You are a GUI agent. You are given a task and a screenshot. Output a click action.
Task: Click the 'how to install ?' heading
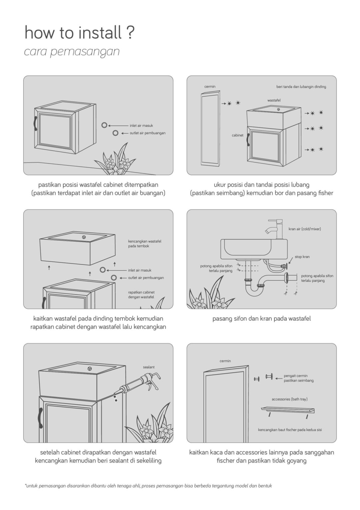tap(79, 33)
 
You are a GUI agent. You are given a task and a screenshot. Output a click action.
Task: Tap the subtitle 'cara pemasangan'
tap(72, 52)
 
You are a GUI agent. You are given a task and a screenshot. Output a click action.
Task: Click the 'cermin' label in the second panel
tap(210, 87)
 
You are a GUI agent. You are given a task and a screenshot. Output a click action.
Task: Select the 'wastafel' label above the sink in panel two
tap(274, 100)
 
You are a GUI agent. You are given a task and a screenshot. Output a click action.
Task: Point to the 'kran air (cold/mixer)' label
tap(305, 229)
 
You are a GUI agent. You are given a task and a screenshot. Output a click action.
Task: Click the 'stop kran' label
tap(302, 257)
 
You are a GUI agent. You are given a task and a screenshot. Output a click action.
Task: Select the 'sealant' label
tap(149, 367)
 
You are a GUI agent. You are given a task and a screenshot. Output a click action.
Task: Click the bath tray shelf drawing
tap(287, 410)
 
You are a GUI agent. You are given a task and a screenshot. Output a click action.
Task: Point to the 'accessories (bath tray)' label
tap(289, 399)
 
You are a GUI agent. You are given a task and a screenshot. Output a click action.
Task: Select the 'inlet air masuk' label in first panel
tap(141, 126)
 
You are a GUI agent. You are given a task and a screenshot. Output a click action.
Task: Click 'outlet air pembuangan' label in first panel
tap(147, 133)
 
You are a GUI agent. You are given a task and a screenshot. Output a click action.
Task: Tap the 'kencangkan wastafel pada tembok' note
tap(144, 243)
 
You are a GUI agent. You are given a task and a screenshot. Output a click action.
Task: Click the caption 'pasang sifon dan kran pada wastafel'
tap(261, 319)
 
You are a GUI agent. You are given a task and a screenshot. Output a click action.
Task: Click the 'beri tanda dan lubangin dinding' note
tap(301, 87)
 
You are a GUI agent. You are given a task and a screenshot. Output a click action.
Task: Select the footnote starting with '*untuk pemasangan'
tap(148, 486)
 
